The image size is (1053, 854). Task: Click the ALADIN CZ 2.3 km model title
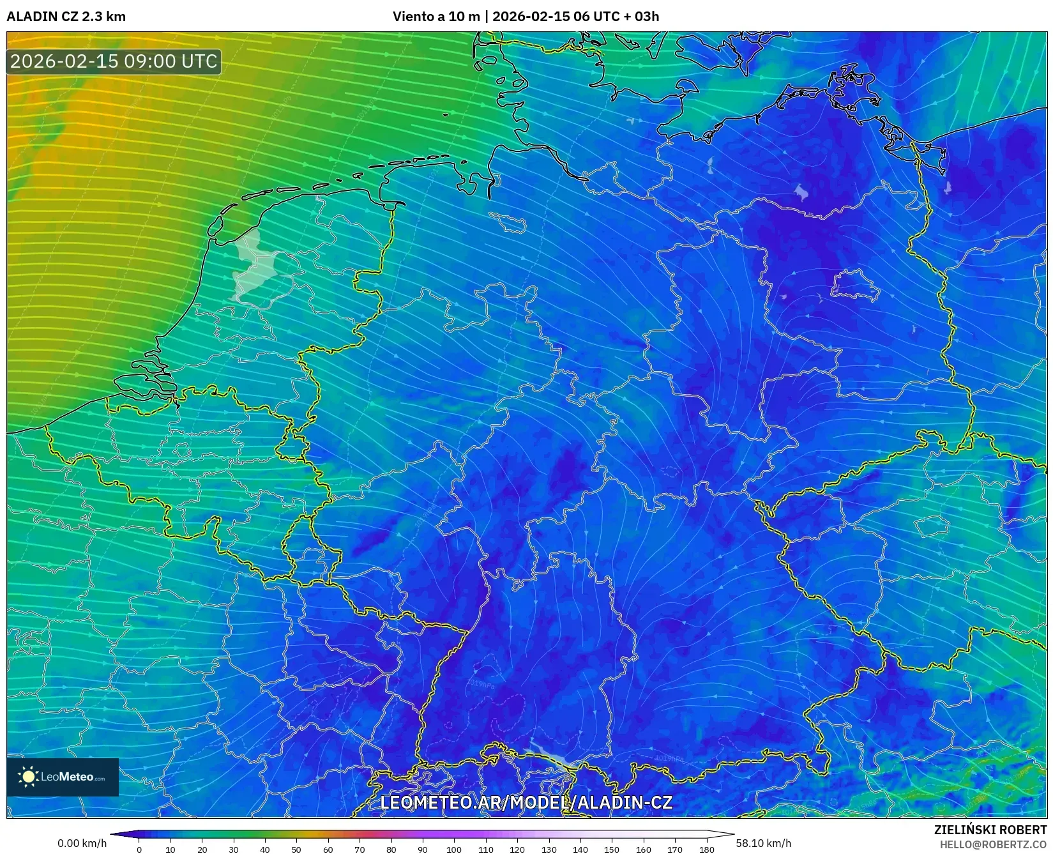(66, 17)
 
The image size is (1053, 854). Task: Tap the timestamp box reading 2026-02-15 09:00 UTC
(114, 61)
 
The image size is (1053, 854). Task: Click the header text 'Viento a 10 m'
(436, 17)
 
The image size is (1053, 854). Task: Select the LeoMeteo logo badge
(63, 777)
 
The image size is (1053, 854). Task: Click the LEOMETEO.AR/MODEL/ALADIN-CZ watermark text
(526, 802)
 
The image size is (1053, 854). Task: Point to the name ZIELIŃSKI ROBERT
(990, 830)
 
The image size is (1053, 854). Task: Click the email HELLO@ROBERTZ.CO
(992, 844)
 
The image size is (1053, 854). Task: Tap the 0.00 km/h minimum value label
(82, 843)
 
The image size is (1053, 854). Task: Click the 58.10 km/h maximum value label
(763, 843)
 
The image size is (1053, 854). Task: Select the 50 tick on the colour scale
(296, 849)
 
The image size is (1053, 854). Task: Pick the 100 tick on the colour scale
(454, 849)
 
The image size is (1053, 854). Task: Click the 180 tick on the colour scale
(706, 849)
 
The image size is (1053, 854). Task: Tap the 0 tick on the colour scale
(139, 849)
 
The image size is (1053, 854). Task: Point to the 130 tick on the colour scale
(549, 849)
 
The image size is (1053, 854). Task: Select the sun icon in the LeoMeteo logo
(28, 777)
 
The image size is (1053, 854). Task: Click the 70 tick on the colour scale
(360, 849)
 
